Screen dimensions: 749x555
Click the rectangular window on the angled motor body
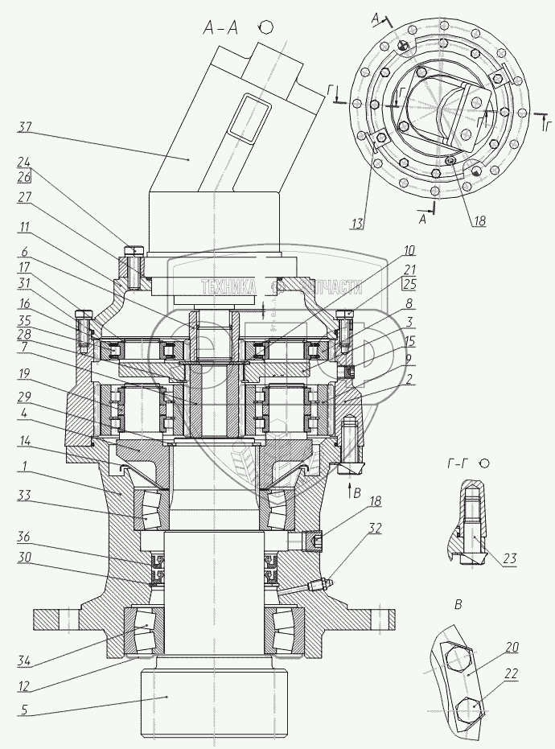[x=245, y=116]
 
